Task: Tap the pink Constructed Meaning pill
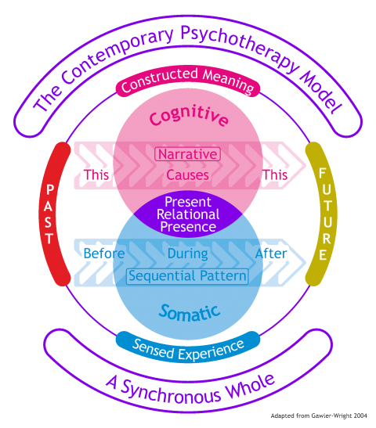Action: tap(188, 85)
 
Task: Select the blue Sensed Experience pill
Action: tap(188, 345)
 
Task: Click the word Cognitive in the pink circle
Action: tap(189, 119)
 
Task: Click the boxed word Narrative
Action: tap(187, 154)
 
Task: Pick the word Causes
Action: tap(187, 174)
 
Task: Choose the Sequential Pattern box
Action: tap(187, 275)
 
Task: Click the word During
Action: tap(187, 254)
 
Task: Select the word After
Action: tap(271, 254)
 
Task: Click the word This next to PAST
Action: tap(97, 174)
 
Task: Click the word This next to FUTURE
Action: tap(276, 174)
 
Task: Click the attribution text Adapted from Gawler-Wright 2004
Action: tap(320, 416)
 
